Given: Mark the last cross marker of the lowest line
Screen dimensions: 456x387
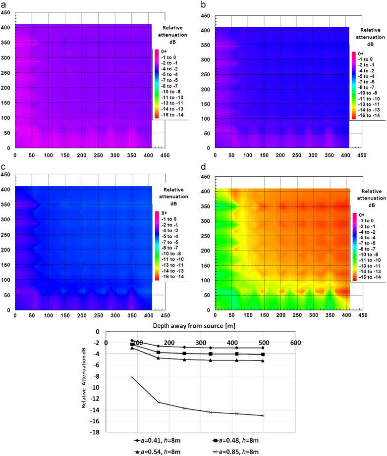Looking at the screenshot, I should tap(263, 415).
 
